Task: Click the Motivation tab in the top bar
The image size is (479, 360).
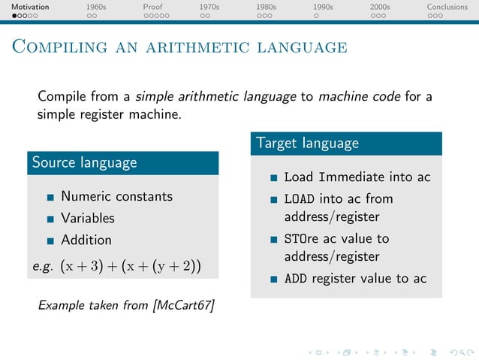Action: tap(25, 7)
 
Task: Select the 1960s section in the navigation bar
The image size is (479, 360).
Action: tap(96, 7)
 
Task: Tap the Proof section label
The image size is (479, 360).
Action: tap(152, 7)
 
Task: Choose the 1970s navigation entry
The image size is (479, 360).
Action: tap(209, 7)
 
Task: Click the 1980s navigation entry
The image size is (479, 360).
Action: tap(266, 7)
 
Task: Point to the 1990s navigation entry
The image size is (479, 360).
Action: tap(323, 7)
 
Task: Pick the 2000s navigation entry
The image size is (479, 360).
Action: tap(380, 7)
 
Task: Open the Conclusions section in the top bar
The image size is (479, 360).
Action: tap(447, 7)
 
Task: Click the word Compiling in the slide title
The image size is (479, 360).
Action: tap(58, 47)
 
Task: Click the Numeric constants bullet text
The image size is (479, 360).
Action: tap(116, 196)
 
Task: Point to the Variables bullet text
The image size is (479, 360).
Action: tap(88, 218)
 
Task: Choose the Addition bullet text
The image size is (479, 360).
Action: tap(86, 240)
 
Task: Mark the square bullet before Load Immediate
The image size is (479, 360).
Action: tap(274, 178)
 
